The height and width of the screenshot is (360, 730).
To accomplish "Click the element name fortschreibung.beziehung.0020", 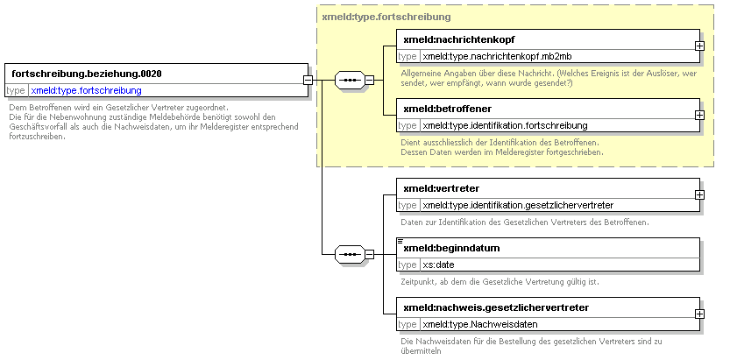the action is pos(87,74).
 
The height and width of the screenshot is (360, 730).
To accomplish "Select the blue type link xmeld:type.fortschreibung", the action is pos(86,90).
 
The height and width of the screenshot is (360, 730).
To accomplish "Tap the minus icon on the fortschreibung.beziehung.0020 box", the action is pos(308,80).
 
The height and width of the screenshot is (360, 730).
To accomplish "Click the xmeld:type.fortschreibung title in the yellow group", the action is pos(386,18).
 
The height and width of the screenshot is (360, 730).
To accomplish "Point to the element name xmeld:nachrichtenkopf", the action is pos(459,39).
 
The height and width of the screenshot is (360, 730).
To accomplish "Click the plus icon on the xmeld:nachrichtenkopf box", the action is pos(699,46).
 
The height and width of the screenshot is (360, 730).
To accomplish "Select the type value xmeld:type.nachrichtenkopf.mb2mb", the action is pos(497,57).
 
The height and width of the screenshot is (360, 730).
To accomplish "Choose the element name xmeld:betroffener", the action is pos(448,109).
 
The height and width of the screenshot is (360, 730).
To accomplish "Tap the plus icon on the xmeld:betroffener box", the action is pos(699,115).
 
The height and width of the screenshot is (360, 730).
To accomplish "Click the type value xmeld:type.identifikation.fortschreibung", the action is pos(505,125).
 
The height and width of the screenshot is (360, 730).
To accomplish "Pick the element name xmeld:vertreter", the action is pos(442,188).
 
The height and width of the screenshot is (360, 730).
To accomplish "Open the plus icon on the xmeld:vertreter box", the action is pos(699,194).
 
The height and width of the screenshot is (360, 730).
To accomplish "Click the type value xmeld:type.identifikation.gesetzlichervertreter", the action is pos(518,205).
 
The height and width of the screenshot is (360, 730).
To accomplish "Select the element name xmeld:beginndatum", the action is pos(451,248).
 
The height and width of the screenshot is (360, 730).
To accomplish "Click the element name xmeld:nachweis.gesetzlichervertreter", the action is pos(496,307).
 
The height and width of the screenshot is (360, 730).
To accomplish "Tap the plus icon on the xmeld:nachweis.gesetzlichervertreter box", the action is pos(699,314).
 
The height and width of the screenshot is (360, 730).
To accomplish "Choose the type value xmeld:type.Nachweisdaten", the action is pos(480,324).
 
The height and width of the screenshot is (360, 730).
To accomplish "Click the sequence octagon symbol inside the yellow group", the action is pos(350,80).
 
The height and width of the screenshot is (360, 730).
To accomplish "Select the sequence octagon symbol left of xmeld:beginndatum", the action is pos(350,254).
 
